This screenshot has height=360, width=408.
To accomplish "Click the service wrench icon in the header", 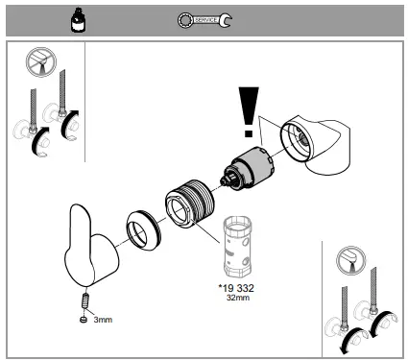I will pyautogui.click(x=204, y=18).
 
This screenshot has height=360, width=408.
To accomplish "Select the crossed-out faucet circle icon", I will pyautogui.click(x=36, y=64).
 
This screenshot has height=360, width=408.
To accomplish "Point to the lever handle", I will pyautogui.click(x=91, y=252).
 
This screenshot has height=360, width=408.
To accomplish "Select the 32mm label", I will pyautogui.click(x=235, y=297).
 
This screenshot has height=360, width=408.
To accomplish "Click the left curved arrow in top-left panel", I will pyautogui.click(x=37, y=144).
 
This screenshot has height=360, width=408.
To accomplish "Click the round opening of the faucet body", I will pyautogui.click(x=297, y=139).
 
